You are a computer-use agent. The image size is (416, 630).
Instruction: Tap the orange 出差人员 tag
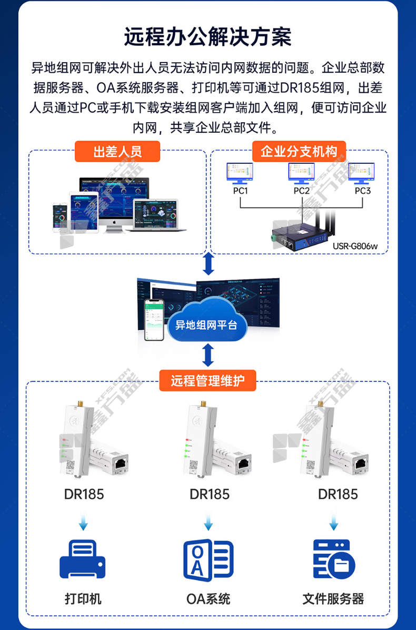pyautogui.click(x=117, y=152)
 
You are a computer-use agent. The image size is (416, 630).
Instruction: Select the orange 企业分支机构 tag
pyautogui.click(x=299, y=152)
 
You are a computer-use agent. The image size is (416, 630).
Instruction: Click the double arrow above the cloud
pyautogui.click(x=209, y=263)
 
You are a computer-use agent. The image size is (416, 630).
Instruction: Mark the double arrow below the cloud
pyautogui.click(x=209, y=355)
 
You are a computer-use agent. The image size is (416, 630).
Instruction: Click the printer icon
pyautogui.click(x=83, y=559)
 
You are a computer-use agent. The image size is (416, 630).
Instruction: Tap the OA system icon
pyautogui.click(x=208, y=559)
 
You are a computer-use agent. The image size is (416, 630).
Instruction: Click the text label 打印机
pyautogui.click(x=83, y=599)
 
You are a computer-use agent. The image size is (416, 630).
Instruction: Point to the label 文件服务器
pyautogui.click(x=333, y=599)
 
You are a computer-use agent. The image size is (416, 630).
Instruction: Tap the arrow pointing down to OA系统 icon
pyautogui.click(x=209, y=524)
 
